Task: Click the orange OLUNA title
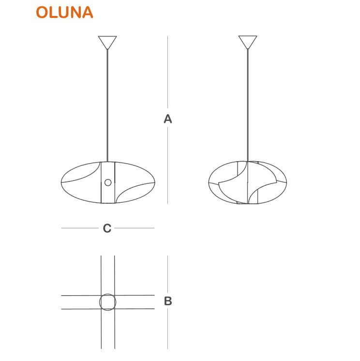click(64, 12)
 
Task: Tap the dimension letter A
click(168, 119)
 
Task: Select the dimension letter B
click(168, 301)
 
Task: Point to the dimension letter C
click(107, 228)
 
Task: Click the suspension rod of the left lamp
click(107, 105)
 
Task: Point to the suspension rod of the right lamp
click(248, 105)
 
